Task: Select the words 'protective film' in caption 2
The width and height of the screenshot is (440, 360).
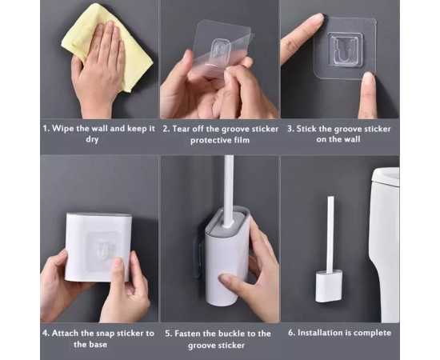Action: click(220, 140)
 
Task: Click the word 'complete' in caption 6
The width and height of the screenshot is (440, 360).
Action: click(372, 333)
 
